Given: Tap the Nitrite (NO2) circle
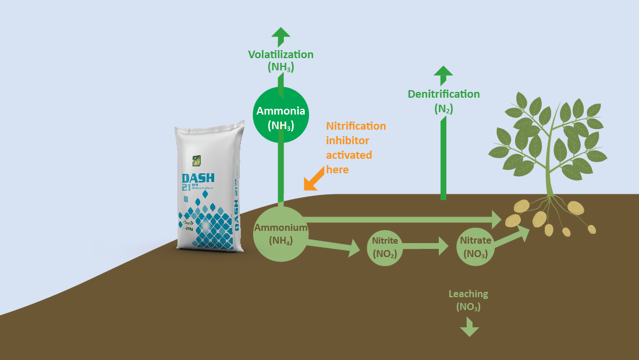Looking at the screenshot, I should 385,247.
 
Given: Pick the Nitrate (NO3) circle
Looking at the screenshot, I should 475,247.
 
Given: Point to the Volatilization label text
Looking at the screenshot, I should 281,55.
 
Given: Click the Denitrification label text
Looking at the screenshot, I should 443,94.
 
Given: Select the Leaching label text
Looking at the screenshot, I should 468,294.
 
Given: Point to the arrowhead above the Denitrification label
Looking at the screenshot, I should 443,73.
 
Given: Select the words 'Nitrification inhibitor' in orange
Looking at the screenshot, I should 356,133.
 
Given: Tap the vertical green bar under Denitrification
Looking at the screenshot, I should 443,157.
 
